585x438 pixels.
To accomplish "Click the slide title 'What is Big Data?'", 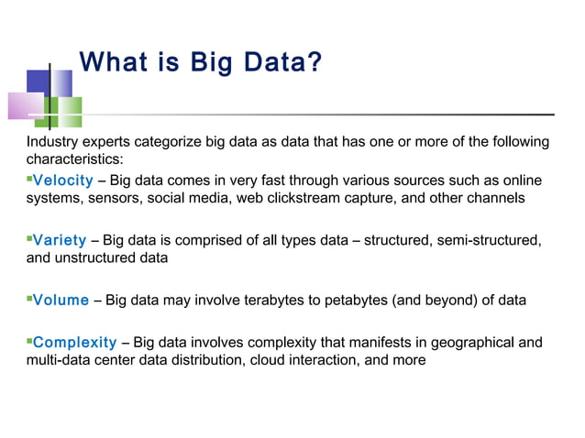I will coord(201,64).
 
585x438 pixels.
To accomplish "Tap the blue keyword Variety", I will coord(60,241).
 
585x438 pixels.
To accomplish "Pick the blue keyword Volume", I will coord(61,300).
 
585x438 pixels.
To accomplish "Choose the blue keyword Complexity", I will coord(75,343).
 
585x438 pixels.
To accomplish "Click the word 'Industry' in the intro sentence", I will coord(52,142).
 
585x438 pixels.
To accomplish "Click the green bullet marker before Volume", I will coord(29,298).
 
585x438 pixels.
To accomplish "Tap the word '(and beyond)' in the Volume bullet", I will coord(443,300).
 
